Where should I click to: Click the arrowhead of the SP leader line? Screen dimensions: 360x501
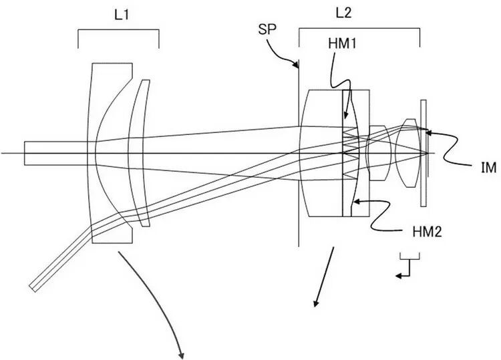[x=297, y=67]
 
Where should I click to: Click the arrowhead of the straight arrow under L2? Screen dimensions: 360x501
[x=314, y=307]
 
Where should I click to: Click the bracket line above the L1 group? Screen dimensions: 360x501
[x=118, y=31]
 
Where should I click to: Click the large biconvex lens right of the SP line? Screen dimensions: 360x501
[x=321, y=154]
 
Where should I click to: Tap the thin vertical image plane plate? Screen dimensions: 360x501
[x=423, y=154]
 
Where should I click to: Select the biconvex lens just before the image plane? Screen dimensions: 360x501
[x=407, y=154]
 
